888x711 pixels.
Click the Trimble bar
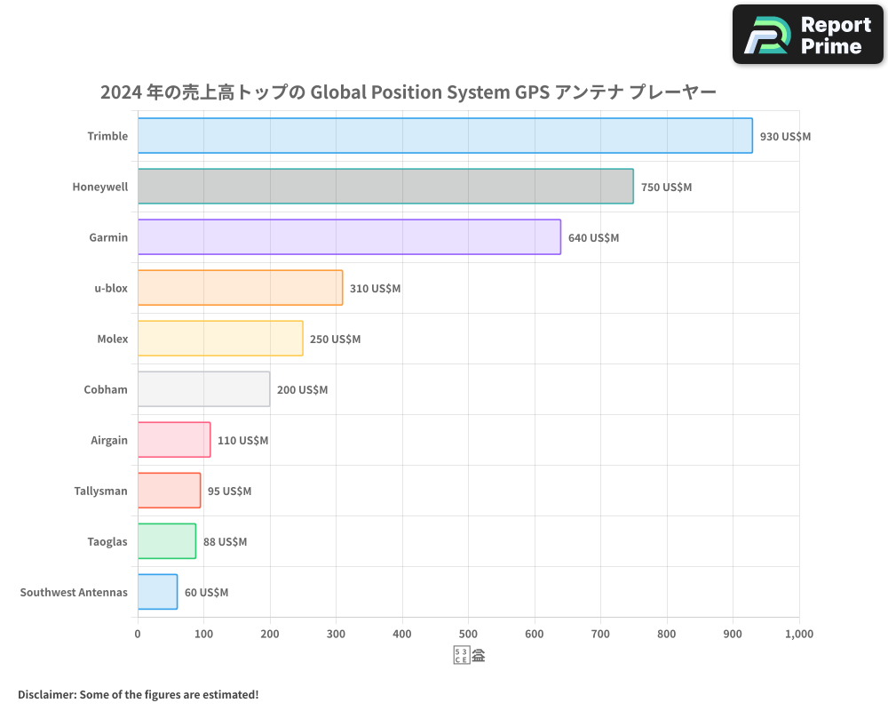pyautogui.click(x=445, y=136)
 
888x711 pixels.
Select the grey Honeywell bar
pyautogui.click(x=385, y=187)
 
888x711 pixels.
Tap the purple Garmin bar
pyautogui.click(x=349, y=237)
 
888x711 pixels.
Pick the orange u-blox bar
pyautogui.click(x=240, y=288)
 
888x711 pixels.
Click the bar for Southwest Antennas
pyautogui.click(x=157, y=592)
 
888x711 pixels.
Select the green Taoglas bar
pyautogui.click(x=167, y=541)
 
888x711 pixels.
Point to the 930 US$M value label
pyautogui.click(x=785, y=137)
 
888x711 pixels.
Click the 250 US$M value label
pyautogui.click(x=335, y=340)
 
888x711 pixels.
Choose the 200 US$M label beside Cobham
pyautogui.click(x=302, y=390)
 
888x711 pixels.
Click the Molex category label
pyautogui.click(x=112, y=340)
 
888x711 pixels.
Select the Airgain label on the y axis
pyautogui.click(x=108, y=441)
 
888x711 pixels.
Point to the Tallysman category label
pyautogui.click(x=100, y=491)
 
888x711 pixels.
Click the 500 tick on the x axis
pyautogui.click(x=468, y=635)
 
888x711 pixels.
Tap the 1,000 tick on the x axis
pyautogui.click(x=798, y=635)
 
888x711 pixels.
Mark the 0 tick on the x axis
pyautogui.click(x=138, y=635)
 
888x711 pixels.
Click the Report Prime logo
pyautogui.click(x=807, y=35)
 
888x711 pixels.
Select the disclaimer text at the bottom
pyautogui.click(x=138, y=694)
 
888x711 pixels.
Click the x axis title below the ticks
pyautogui.click(x=469, y=657)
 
